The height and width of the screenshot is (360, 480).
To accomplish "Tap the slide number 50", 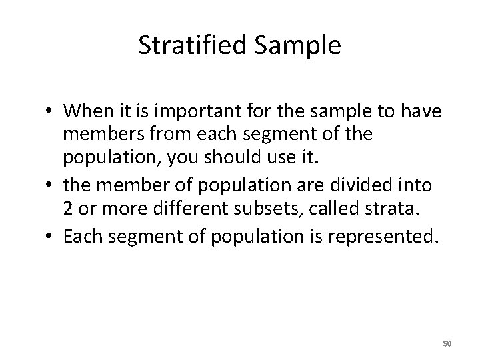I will (x=447, y=343).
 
